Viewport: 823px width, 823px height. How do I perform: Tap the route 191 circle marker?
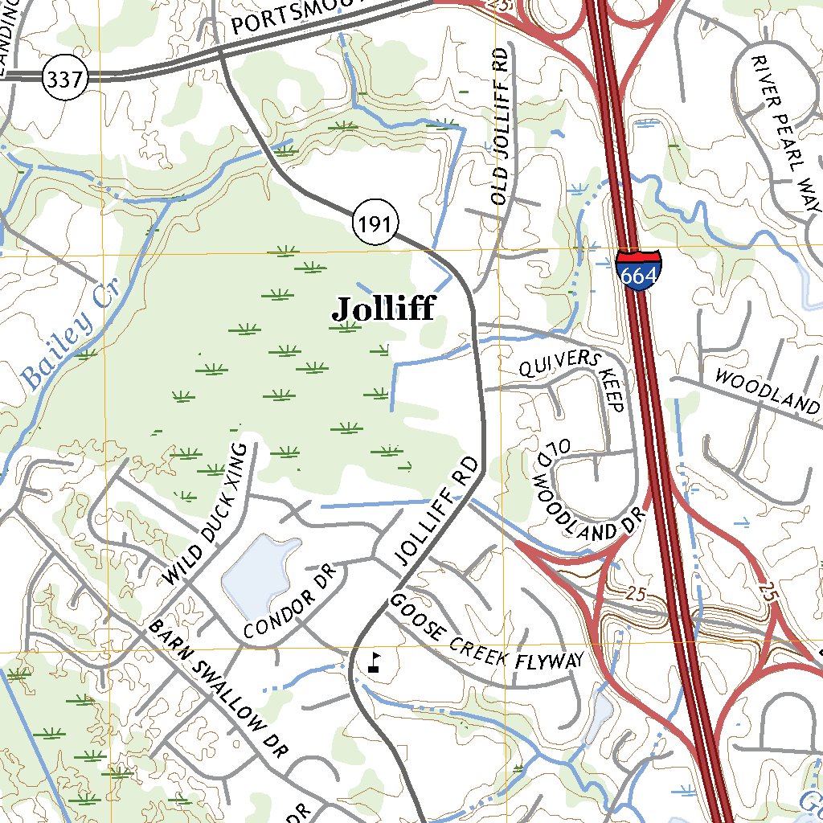tap(375, 226)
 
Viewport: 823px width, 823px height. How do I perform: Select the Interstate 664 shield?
tap(639, 270)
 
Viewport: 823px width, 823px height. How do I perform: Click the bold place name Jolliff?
tap(383, 309)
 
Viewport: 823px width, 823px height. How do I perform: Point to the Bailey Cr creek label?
tap(69, 334)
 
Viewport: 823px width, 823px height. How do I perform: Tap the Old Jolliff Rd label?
tap(502, 125)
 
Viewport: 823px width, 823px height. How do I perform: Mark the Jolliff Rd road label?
tap(437, 511)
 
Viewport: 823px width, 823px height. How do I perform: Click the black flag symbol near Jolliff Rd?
tap(374, 663)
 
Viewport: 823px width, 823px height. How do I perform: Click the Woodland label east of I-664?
tap(767, 391)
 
